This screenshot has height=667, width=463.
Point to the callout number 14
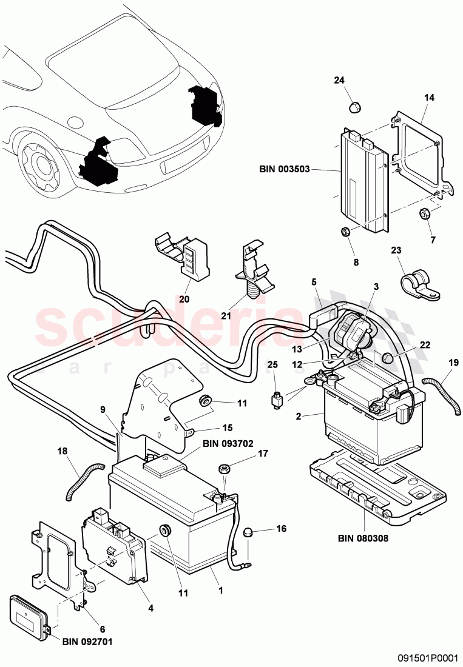[428, 97]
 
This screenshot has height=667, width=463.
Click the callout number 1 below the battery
[221, 590]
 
